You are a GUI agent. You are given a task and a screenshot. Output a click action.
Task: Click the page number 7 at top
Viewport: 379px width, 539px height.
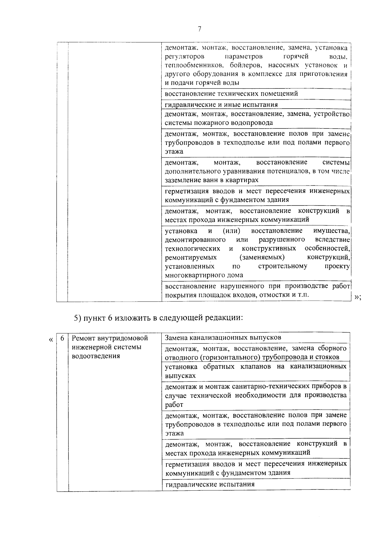click(x=199, y=29)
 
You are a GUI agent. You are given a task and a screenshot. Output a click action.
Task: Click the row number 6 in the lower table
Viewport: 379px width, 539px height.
click(x=63, y=338)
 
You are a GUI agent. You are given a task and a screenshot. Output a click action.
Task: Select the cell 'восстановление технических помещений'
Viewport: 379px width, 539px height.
click(x=231, y=94)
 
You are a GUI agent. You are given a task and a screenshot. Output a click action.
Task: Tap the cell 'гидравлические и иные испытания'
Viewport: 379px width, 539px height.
click(x=221, y=105)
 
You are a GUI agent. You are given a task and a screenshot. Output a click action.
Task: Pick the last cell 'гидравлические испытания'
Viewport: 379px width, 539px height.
click(x=210, y=484)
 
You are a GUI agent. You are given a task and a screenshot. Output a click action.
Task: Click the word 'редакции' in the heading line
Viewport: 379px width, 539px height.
click(x=227, y=318)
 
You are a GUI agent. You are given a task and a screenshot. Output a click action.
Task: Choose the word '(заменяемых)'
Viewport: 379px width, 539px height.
click(x=262, y=257)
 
